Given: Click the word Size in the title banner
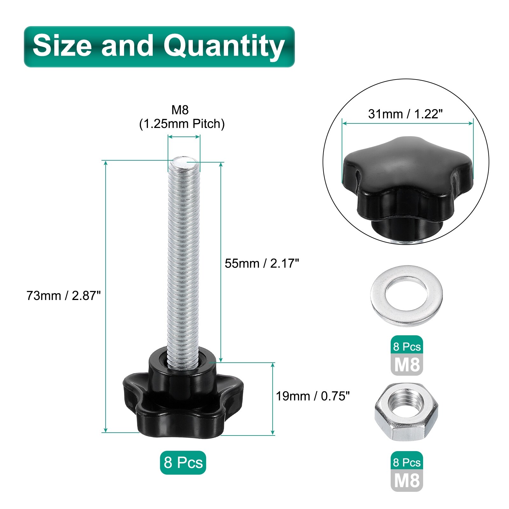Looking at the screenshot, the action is point(63,46).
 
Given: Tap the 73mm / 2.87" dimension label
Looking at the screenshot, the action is point(63,296).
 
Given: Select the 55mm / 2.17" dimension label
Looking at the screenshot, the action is point(262,263).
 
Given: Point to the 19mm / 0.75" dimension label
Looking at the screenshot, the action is point(313,396).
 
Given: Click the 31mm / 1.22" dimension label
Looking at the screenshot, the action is point(405,114).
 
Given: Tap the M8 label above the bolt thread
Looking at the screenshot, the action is point(180,110).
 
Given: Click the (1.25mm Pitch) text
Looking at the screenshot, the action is point(182,124).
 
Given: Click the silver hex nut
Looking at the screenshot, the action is point(407,412).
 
